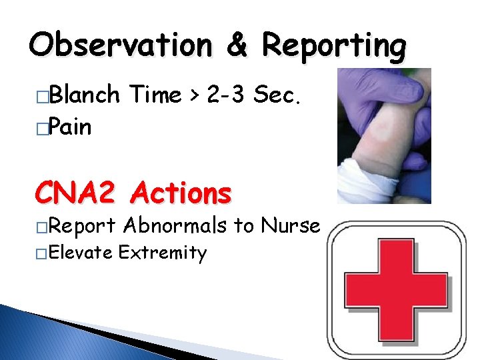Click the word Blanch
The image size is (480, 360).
coord(85,95)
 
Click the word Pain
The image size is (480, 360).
coord(71,127)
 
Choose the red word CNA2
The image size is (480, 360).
coord(78,193)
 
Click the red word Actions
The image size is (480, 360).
coord(181,193)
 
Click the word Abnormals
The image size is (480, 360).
coord(175,225)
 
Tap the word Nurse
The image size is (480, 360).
coord(291,225)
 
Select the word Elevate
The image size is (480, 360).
coord(80,253)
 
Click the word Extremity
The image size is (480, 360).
coord(163,253)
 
